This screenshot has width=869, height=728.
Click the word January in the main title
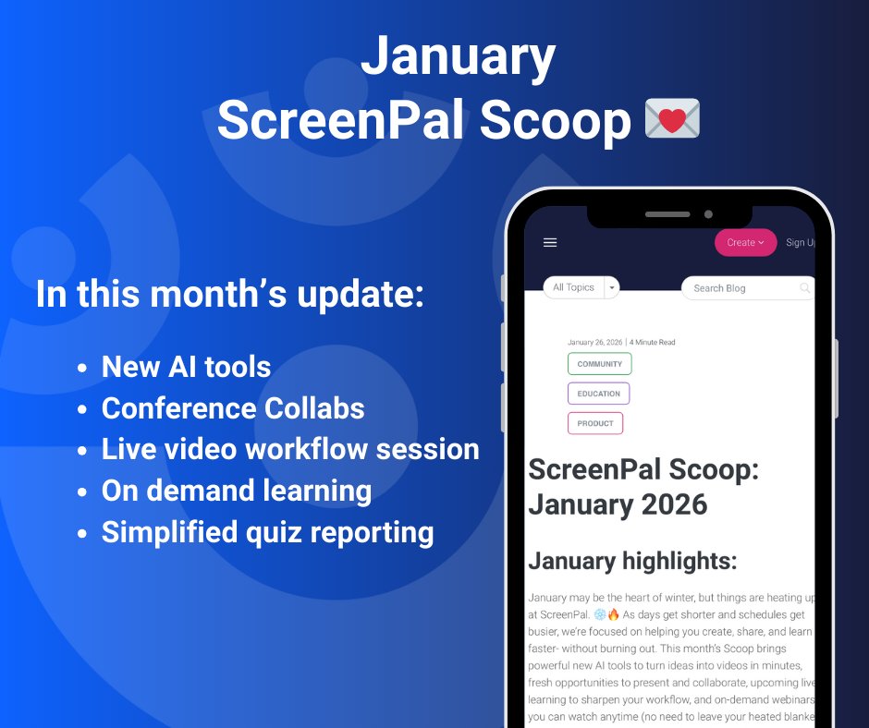[458, 57]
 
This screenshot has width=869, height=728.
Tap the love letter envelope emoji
[672, 120]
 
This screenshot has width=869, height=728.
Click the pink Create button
[745, 243]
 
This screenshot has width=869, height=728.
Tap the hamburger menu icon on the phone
[550, 243]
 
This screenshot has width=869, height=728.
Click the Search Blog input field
[744, 288]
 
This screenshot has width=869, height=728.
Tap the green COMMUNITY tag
[599, 364]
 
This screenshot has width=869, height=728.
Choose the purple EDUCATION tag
[598, 394]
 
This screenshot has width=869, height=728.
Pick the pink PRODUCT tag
[595, 423]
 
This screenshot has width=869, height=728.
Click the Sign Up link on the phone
[800, 243]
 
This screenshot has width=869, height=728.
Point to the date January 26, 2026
[594, 343]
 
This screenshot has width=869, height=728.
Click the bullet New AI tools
[186, 367]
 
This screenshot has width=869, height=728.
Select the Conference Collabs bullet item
[233, 408]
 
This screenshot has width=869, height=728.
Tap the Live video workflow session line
[290, 450]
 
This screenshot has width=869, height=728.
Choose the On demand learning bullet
[237, 491]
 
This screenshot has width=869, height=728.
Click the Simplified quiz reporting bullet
[267, 533]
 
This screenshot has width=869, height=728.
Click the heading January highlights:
[632, 561]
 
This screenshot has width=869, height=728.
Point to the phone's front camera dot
[708, 214]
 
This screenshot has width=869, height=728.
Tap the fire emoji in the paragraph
[613, 614]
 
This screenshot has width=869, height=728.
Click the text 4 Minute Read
[653, 343]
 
